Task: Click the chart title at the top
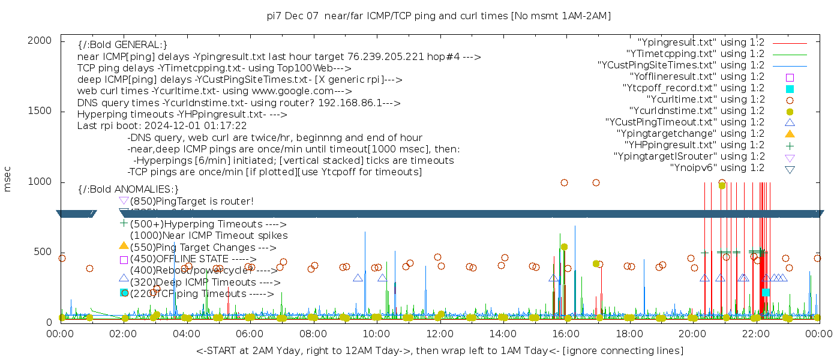point(439,16)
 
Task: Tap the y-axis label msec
point(8,178)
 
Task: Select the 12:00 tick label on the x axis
point(440,334)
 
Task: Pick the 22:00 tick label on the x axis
point(755,334)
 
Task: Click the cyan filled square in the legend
point(790,89)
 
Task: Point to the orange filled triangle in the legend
point(790,134)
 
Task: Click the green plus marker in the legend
point(790,145)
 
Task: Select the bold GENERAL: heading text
point(122,45)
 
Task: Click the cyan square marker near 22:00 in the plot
point(766,292)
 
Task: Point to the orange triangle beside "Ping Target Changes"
point(124,245)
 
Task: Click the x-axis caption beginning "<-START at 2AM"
point(439,350)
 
